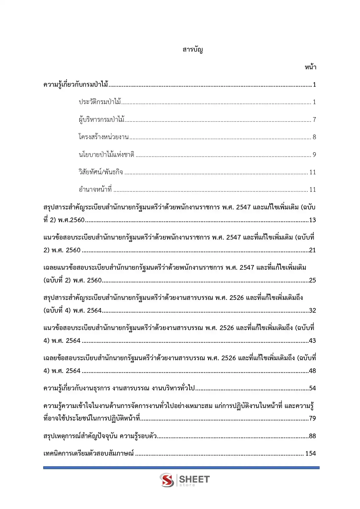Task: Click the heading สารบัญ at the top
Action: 193,50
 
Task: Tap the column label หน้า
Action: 310,67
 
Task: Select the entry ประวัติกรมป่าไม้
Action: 100,102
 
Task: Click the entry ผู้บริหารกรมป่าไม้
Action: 102,119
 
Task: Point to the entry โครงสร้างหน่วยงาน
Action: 104,137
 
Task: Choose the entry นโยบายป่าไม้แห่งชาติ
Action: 106,155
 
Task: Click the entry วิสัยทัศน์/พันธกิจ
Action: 101,172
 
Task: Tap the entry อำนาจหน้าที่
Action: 95,190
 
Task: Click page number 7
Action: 314,119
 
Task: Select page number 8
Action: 314,137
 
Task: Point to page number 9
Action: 314,155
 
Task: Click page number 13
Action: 312,220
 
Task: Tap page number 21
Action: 312,250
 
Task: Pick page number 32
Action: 312,311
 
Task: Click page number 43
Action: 312,341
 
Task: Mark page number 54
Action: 312,388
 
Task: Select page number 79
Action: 312,419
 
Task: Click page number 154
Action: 310,454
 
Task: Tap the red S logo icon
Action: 167,480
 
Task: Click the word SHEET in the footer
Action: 194,479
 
